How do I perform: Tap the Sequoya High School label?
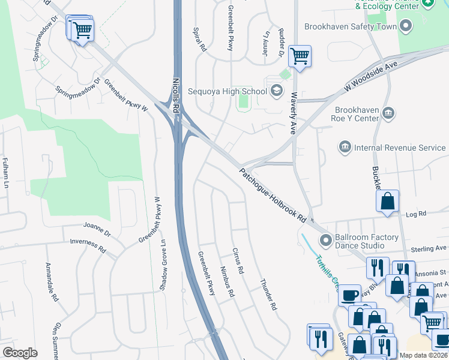[x=227, y=92]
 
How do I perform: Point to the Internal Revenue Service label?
[x=400, y=148]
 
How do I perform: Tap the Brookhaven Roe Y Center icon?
[x=388, y=113]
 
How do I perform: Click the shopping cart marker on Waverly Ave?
[x=299, y=56]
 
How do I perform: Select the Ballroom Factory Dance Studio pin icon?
[x=326, y=241]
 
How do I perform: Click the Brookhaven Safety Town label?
[x=351, y=27]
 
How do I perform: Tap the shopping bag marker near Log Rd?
[x=388, y=202]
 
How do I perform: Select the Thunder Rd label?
[x=268, y=295]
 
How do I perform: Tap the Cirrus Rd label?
[x=238, y=261]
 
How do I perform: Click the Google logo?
[x=20, y=352]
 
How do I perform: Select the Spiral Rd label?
[x=200, y=38]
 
